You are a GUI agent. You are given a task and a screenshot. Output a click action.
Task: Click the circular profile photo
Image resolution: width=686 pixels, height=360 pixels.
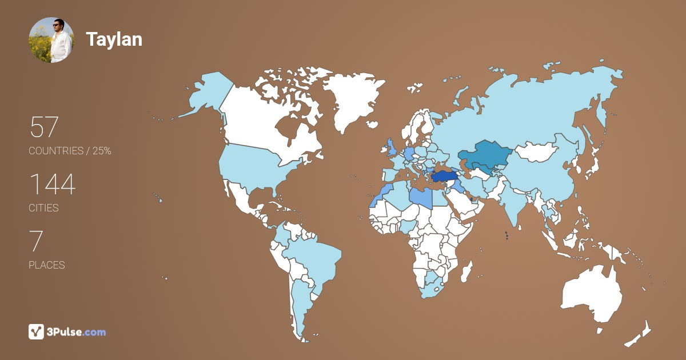point(51,40)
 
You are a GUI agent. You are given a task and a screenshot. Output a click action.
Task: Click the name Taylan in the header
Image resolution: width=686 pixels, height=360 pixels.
point(114,39)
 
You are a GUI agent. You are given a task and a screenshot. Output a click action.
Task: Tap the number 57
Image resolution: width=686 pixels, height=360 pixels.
point(44,127)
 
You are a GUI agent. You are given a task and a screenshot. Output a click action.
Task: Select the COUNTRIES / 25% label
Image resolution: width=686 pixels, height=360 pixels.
point(70,151)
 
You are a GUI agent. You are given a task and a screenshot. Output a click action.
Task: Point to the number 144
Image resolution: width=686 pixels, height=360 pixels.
point(52,184)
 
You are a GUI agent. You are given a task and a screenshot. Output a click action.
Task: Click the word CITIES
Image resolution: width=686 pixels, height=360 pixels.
point(43,208)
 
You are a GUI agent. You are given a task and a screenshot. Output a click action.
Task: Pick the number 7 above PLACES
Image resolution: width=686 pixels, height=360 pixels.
point(35,241)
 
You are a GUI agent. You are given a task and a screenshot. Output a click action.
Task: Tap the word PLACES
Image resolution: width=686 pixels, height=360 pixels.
point(46,265)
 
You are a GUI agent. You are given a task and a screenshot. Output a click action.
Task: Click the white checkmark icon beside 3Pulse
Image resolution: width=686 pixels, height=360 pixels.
point(36,331)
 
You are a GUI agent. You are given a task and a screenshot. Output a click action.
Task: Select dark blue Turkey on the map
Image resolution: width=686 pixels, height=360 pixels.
point(445,177)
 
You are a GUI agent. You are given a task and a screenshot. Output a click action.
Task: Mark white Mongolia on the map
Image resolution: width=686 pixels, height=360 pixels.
point(537,152)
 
